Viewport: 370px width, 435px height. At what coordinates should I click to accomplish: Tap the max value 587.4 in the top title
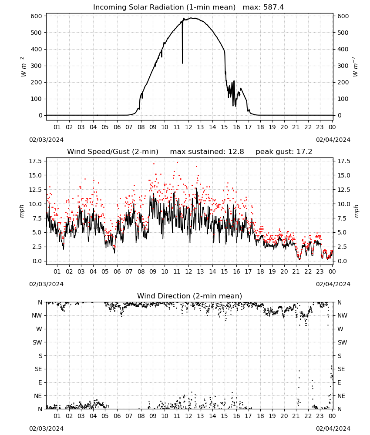(x=273, y=7)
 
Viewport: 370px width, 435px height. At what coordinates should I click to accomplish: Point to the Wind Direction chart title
(x=190, y=296)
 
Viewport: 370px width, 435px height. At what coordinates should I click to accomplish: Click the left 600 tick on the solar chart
(x=37, y=16)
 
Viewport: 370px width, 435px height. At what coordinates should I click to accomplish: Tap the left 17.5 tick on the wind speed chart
(x=35, y=161)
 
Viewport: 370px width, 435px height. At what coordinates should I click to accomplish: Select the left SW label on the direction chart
(x=37, y=342)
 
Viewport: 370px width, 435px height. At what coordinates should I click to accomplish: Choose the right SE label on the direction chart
(x=341, y=369)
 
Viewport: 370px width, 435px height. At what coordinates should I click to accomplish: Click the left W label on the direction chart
(x=39, y=329)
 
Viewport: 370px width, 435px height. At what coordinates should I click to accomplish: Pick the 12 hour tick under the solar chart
(x=188, y=127)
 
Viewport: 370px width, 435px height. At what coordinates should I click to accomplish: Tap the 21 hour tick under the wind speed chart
(x=296, y=271)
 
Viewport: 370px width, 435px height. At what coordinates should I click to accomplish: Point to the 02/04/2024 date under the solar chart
(x=333, y=140)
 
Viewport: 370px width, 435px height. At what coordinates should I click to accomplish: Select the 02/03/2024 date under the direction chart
(x=46, y=428)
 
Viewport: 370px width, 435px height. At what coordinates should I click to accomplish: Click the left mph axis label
(x=22, y=211)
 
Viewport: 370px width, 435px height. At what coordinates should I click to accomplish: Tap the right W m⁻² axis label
(x=355, y=67)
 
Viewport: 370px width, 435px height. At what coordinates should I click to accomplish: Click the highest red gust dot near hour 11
(x=177, y=163)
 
